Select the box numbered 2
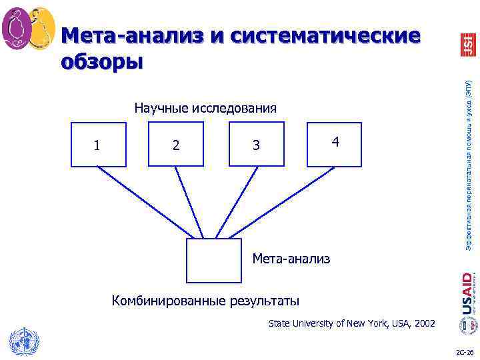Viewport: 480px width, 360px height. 175,145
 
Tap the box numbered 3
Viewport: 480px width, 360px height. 256,145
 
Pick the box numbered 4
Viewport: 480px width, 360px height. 335,143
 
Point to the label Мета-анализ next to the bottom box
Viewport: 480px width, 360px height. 291,257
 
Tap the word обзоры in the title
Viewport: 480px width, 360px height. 101,61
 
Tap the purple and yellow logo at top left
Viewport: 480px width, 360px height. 28,29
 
